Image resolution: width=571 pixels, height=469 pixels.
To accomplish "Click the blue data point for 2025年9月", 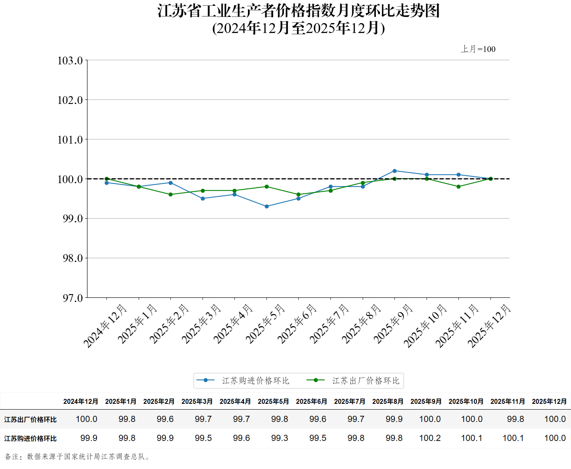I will click(x=394, y=171).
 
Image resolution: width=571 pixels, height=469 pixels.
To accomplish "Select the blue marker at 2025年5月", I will click(x=267, y=206).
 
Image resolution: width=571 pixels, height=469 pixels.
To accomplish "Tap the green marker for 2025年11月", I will click(x=458, y=186).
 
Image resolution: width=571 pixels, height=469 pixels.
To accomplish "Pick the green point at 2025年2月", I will click(x=170, y=194).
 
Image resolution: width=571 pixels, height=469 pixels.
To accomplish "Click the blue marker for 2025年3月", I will click(x=203, y=198).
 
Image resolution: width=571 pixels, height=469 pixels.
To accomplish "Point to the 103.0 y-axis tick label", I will click(x=70, y=61).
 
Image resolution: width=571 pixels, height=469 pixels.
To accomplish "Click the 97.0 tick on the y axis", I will click(x=73, y=298).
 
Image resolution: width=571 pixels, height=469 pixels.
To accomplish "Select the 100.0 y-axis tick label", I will click(x=70, y=179).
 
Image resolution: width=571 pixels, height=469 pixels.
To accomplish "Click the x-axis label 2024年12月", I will click(x=105, y=326).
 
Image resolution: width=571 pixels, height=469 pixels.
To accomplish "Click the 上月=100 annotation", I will click(x=478, y=49).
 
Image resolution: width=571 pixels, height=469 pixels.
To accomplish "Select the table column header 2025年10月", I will click(x=466, y=401).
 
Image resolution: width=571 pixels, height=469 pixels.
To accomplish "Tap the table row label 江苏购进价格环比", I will click(x=31, y=438).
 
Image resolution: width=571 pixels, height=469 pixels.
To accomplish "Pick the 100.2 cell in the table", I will click(x=430, y=438).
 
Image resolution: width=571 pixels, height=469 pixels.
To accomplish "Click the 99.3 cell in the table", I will click(x=279, y=438).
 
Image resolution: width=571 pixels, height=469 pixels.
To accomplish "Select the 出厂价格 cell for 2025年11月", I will click(x=515, y=419).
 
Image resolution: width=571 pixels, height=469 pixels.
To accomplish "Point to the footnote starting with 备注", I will click(x=78, y=457).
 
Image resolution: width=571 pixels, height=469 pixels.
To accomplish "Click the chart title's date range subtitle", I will click(x=298, y=28).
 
